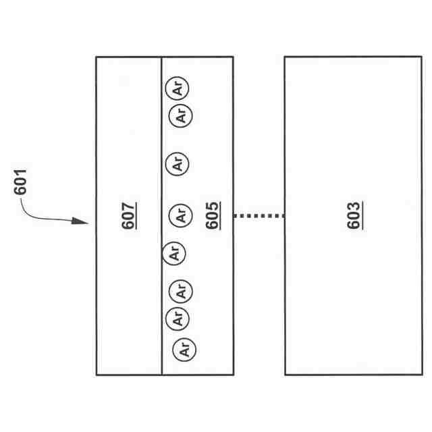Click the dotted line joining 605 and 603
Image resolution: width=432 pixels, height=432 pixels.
259,216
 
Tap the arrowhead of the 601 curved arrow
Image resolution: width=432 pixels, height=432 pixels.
84,222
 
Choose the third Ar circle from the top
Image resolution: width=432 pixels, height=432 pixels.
178,163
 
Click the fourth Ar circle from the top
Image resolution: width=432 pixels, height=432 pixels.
180,216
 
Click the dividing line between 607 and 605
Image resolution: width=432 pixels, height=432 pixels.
162,169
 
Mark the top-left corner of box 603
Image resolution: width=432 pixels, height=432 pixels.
285,57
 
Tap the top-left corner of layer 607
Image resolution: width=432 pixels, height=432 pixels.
97,57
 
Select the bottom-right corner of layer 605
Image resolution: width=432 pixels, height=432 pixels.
233,375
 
